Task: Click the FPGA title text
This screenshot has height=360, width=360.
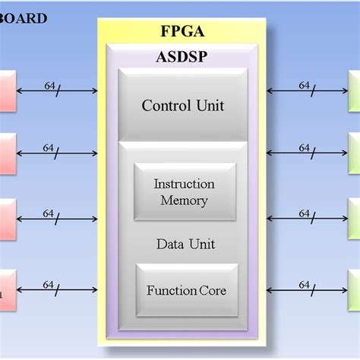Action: pos(182,32)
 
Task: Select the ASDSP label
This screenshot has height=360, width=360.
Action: pos(182,56)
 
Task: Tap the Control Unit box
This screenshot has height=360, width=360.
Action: pos(182,105)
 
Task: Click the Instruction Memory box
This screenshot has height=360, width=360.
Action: pos(184,192)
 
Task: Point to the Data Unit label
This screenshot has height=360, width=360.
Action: pos(185,244)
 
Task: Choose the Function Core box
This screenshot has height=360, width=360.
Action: pos(186,290)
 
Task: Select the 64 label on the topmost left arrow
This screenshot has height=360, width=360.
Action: pos(49,86)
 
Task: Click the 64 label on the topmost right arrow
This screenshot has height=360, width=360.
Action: pos(304,85)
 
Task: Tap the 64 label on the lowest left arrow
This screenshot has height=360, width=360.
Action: pos(49,285)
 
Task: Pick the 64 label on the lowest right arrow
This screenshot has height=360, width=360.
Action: pos(304,285)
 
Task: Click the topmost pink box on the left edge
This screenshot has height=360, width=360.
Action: pos(7,91)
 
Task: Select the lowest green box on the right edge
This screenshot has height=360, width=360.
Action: pos(354,289)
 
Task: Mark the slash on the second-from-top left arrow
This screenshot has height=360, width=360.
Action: pos(58,153)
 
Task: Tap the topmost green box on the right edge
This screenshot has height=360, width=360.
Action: pos(354,91)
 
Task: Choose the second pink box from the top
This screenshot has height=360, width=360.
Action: pos(7,153)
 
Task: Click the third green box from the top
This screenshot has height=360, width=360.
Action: pos(354,219)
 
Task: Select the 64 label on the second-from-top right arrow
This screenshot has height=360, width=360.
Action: pos(304,148)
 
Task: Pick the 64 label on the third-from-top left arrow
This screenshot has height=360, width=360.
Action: pos(49,214)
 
